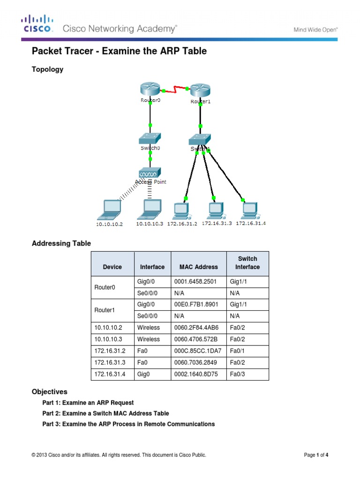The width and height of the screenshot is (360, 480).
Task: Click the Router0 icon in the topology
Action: coord(150,89)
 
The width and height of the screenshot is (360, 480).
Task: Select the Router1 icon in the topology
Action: coord(200,90)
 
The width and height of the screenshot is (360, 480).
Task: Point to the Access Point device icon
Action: coord(150,172)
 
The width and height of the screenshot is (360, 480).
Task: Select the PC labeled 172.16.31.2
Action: coord(181,210)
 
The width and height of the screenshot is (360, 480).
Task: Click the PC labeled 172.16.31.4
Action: coord(249,210)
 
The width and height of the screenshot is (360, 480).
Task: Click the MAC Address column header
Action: coord(198,267)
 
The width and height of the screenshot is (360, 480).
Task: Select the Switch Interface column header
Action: coord(247,262)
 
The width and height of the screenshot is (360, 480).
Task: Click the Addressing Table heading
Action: coord(61,243)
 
